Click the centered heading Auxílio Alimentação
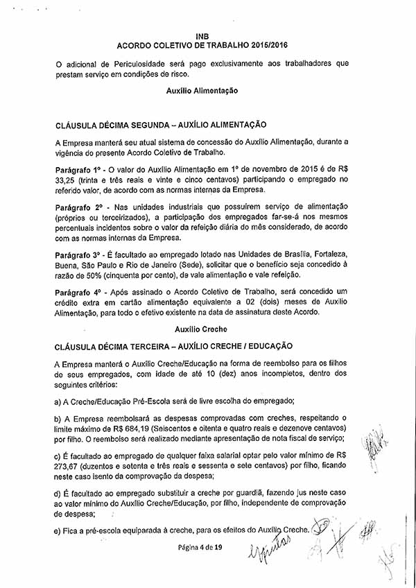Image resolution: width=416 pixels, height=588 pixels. tap(202, 91)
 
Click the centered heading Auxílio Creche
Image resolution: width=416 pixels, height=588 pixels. tap(202, 329)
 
